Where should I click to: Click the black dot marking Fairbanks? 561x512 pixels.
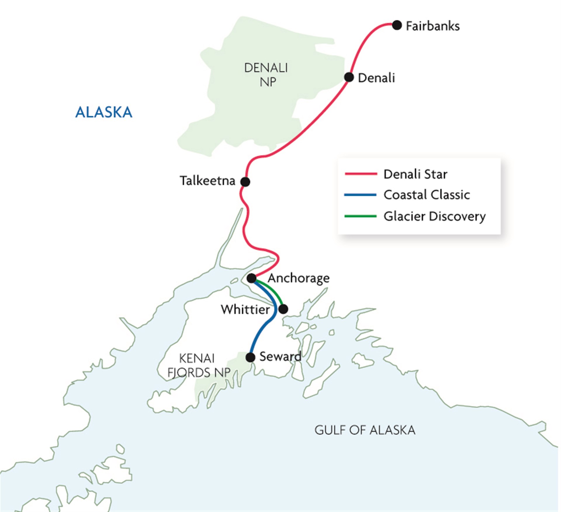(x=396, y=25)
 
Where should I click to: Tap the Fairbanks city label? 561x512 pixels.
(x=433, y=26)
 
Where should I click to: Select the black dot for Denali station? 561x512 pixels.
(x=349, y=77)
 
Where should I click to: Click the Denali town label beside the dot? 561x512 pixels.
(x=376, y=78)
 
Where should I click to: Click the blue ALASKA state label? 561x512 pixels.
(x=104, y=112)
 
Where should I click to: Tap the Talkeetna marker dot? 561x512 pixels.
(x=245, y=182)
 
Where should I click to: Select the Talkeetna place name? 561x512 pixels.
(x=207, y=181)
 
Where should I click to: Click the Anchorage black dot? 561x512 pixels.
(x=251, y=278)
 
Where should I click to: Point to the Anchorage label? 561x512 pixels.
(x=299, y=278)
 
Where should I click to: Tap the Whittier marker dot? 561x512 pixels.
(x=283, y=309)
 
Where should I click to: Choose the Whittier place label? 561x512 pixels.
(x=245, y=310)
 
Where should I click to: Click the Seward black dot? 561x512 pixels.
(x=250, y=357)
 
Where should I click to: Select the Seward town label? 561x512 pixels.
(x=280, y=357)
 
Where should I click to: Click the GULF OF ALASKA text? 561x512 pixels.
(x=365, y=430)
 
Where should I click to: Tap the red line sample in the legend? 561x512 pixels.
(x=361, y=174)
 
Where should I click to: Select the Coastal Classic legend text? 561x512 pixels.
(x=427, y=195)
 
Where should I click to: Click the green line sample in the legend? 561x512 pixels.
(x=361, y=216)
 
